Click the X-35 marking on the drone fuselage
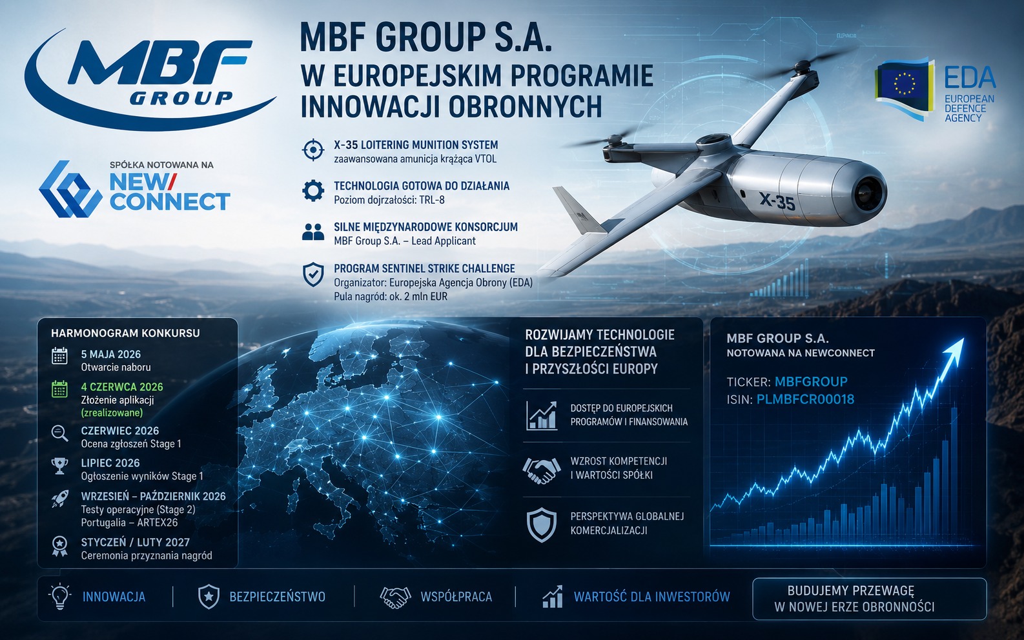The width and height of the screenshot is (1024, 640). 777,201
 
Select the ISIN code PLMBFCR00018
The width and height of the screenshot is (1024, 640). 805,399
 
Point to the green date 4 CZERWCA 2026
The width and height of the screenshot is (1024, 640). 122,387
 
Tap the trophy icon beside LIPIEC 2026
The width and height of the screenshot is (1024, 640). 60,466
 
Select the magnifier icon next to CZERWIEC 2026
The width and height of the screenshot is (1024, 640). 60,433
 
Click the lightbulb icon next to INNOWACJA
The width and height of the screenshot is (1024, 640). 59,597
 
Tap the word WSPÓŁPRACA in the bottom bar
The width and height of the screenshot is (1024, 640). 456,597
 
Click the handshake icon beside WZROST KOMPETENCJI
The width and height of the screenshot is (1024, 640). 542,470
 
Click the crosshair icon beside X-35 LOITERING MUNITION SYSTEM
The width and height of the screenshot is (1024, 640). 313,150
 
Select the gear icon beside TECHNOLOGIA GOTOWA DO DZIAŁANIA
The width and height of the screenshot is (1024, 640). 313,190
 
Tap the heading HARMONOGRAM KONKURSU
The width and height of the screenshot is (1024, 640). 125,333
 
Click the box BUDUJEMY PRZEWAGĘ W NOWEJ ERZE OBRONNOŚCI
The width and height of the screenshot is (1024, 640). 869,599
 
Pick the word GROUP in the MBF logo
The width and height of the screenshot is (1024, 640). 181,98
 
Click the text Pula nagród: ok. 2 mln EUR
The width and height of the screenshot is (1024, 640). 391,297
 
